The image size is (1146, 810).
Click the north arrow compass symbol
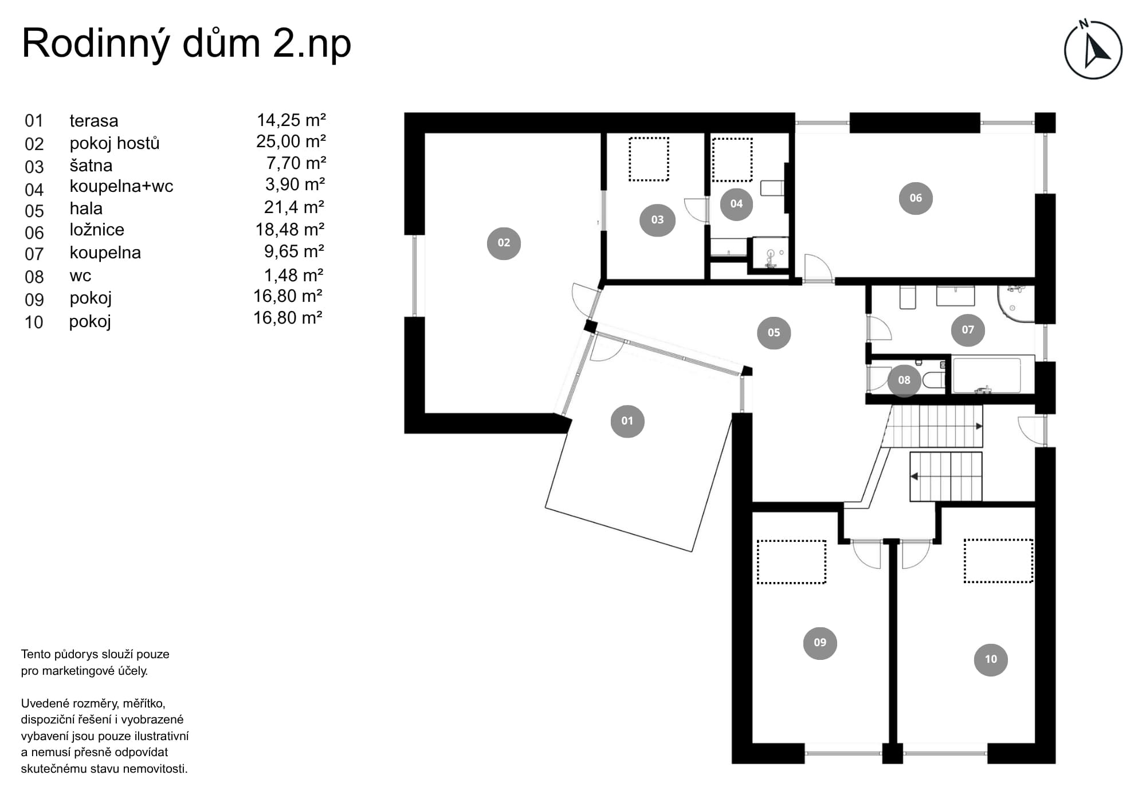click(1093, 50)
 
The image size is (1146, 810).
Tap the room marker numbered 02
click(504, 243)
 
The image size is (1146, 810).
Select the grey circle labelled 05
click(774, 332)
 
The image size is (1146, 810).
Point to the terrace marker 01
click(627, 421)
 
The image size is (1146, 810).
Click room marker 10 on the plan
click(991, 659)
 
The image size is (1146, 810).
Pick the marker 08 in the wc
click(904, 380)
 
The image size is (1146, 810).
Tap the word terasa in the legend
click(94, 121)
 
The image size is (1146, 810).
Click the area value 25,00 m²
click(291, 141)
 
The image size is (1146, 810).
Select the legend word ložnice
click(97, 230)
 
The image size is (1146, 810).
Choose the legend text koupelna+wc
click(121, 186)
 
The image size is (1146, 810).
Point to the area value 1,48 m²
click(294, 276)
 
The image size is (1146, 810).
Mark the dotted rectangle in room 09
click(791, 562)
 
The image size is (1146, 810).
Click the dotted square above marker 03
click(649, 159)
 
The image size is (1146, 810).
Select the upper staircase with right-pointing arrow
click(932, 426)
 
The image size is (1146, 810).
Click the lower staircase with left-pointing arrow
click(946, 477)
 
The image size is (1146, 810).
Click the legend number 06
click(34, 233)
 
